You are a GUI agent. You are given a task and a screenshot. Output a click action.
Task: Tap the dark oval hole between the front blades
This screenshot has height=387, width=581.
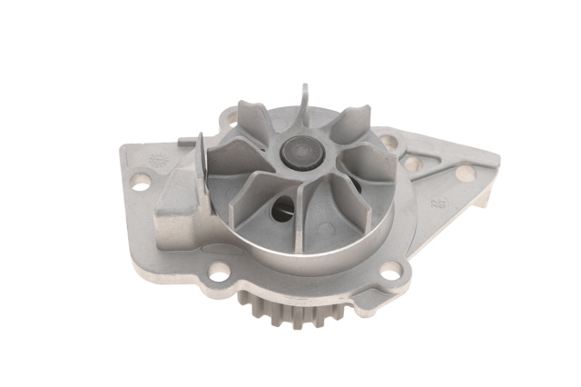(x=282, y=210)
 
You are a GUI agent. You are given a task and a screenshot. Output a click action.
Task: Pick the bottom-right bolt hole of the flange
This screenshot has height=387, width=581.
(x=389, y=270)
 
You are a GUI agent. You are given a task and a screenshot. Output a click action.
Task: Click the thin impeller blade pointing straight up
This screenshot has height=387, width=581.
(x=305, y=102)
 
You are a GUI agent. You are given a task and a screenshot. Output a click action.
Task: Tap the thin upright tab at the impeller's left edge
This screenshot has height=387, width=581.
(x=201, y=159)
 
